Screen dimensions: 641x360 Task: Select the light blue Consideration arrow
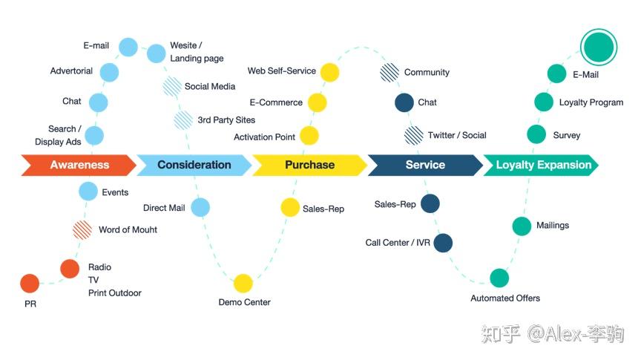tap(194, 165)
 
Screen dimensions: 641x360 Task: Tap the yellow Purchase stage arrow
tap(310, 165)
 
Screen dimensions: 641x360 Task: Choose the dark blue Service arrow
tap(425, 165)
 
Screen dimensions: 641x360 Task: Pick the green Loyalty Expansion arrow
tap(541, 165)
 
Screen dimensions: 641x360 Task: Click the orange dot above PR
tap(30, 284)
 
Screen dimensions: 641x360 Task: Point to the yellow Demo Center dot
tap(243, 283)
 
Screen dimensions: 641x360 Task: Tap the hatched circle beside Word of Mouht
tap(82, 230)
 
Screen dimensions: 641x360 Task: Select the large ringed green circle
tap(599, 47)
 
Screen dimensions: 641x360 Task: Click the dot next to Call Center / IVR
tap(443, 243)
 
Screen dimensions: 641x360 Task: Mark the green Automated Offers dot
tap(499, 278)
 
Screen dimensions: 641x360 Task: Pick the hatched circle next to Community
tap(389, 73)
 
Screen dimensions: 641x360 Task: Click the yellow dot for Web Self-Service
tap(330, 73)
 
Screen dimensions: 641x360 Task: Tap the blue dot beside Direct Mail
tap(200, 207)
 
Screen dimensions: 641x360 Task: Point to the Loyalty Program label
tap(591, 102)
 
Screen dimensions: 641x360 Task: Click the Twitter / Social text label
tap(457, 135)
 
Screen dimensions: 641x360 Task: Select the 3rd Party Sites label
tap(226, 120)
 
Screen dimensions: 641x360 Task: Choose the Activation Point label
tap(265, 137)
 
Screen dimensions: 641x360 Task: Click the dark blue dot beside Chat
tap(404, 102)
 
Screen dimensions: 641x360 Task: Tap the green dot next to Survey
tap(536, 134)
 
